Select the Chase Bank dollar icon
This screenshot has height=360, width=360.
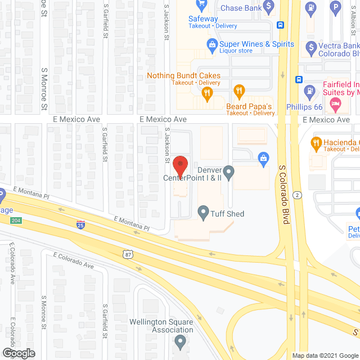point(269,7)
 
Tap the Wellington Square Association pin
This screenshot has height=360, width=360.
point(180,341)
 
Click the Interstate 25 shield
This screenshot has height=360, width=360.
point(81,225)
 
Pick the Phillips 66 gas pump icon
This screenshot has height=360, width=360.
point(309,90)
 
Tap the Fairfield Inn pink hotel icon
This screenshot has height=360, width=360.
point(336,103)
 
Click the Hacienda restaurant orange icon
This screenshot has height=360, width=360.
point(316,143)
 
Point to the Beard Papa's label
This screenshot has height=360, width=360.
point(249,106)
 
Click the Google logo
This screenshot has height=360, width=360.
point(18,353)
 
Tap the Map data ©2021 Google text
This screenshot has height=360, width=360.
point(325,355)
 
